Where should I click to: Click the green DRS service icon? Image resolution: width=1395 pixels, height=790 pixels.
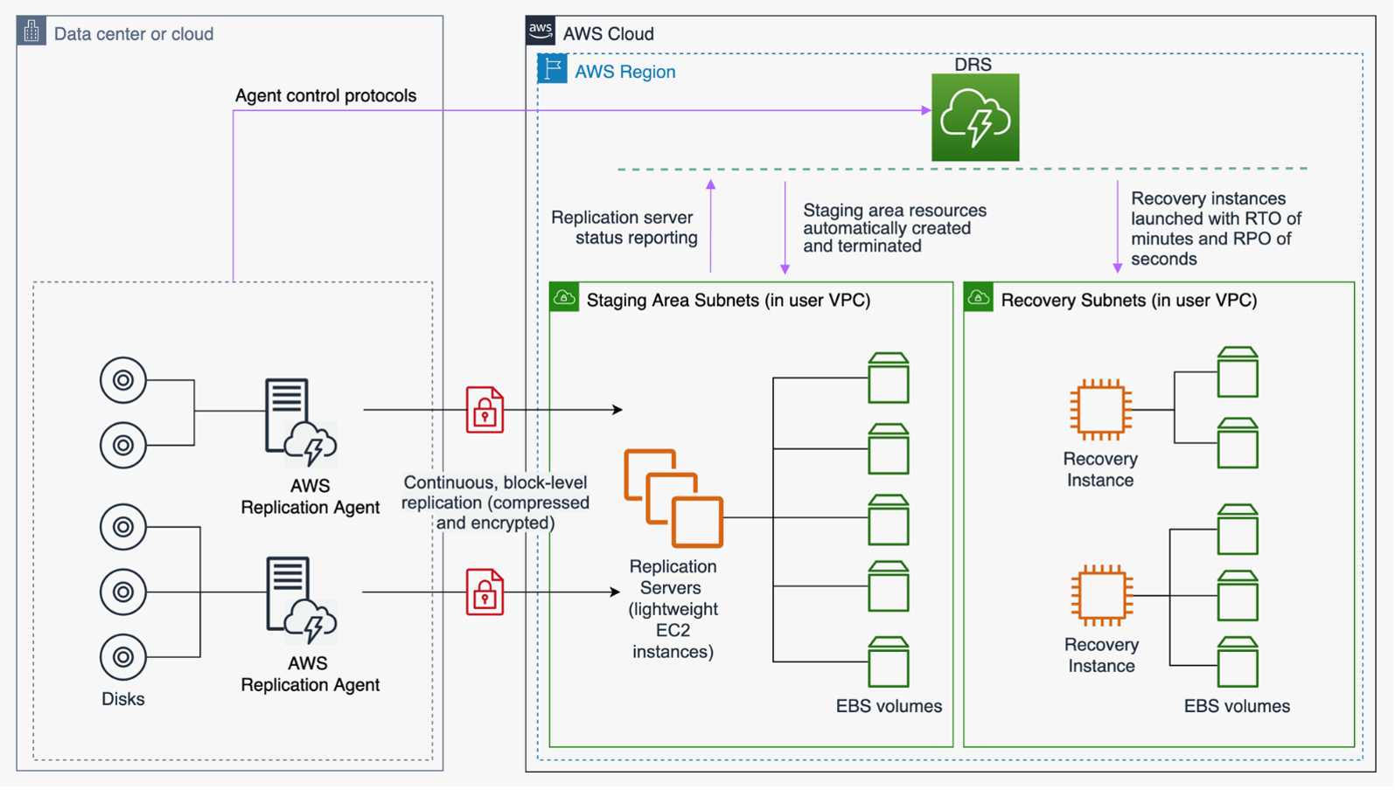click(975, 117)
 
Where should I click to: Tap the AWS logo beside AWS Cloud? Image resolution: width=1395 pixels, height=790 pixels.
click(541, 31)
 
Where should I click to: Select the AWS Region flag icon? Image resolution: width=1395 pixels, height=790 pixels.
click(552, 69)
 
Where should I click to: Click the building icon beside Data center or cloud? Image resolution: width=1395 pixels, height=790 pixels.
click(31, 31)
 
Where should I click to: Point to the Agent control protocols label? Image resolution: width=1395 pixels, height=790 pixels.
click(325, 95)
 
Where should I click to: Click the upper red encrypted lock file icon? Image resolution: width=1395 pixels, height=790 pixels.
click(485, 410)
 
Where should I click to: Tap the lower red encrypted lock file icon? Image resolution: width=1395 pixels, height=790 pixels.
click(485, 592)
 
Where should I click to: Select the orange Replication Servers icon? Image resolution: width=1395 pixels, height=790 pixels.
click(673, 498)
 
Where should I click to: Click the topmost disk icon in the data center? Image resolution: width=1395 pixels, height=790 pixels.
click(123, 380)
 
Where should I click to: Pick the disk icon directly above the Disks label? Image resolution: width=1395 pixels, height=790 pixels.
click(123, 657)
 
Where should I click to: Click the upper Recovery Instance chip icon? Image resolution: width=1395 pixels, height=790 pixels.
click(1100, 409)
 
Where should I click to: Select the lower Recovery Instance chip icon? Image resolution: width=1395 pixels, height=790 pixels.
click(1101, 595)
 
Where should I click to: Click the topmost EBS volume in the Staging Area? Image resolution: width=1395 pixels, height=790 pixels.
click(888, 378)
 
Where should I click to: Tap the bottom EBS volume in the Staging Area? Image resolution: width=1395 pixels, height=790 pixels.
click(888, 662)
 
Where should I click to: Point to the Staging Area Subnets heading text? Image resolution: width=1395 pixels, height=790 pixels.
click(728, 300)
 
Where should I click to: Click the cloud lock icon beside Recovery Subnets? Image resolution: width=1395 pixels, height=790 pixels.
click(979, 298)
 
